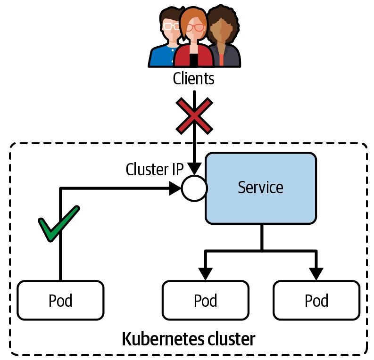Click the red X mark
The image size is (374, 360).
click(194, 116)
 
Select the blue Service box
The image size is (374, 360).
click(260, 188)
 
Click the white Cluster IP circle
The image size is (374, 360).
click(194, 188)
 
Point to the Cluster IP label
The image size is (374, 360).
click(154, 170)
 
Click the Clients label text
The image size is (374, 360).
click(193, 78)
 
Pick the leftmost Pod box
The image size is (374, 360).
click(60, 300)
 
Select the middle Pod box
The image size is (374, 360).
click(205, 300)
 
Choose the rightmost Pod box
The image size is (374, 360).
click(316, 300)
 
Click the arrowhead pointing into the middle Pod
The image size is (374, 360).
click(206, 273)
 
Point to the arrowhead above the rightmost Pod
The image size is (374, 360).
click(316, 273)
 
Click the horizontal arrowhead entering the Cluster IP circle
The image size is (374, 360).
click(175, 188)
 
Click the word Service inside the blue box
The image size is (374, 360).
click(260, 188)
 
